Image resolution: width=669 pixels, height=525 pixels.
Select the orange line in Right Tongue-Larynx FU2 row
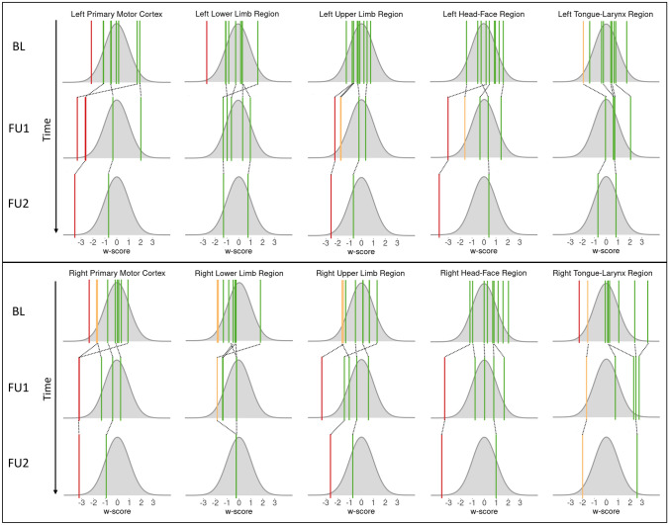583,464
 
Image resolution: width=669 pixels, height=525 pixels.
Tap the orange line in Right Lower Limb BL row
217,308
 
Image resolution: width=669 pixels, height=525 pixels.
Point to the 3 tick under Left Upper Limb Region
397,240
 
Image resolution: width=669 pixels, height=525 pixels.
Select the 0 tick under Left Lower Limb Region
239,240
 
